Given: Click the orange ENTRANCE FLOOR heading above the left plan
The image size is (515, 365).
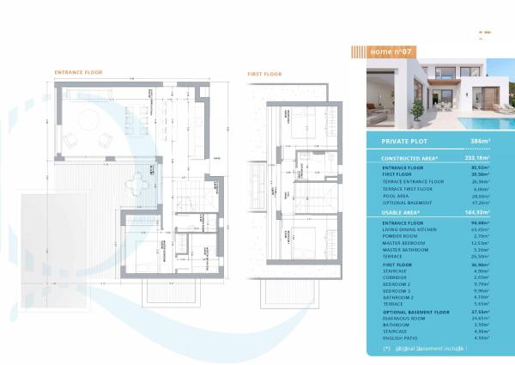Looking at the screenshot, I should [78, 72].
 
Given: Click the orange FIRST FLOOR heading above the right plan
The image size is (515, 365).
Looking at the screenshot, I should [265, 75].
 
